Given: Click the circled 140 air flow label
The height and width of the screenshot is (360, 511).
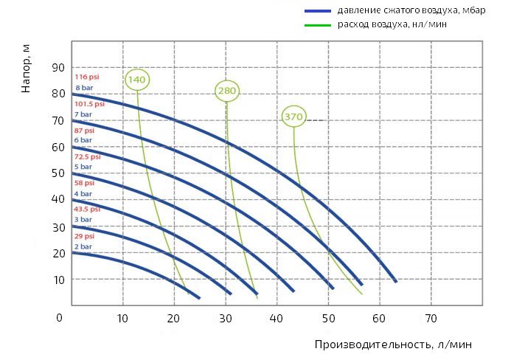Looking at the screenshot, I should pos(137,80).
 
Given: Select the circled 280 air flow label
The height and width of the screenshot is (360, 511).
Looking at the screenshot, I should pos(226,91).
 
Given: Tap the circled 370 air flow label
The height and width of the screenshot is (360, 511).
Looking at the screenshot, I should pos(293,117).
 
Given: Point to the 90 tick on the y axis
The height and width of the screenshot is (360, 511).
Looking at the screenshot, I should pos(58,67).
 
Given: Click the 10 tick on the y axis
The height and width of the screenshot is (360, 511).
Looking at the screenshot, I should pos(58,280).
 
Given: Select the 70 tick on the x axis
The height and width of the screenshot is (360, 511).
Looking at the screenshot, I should pos(431,319).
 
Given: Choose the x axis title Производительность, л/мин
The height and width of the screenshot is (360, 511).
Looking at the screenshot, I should pos(392,345).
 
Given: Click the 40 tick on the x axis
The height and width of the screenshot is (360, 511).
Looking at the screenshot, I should pos(277,319).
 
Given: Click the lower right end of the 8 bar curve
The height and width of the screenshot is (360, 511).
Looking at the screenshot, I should pos(396,281).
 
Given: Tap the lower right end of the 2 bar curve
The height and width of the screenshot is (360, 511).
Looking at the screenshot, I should pos(199,297).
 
